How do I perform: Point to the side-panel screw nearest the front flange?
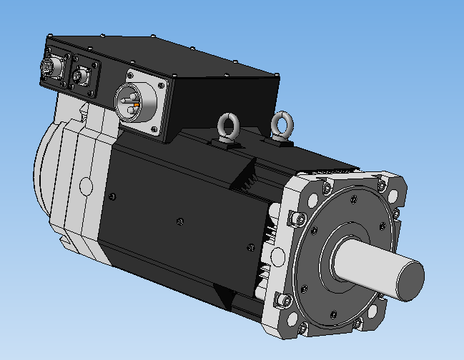click(250, 247)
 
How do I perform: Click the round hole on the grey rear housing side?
click(86, 186)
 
